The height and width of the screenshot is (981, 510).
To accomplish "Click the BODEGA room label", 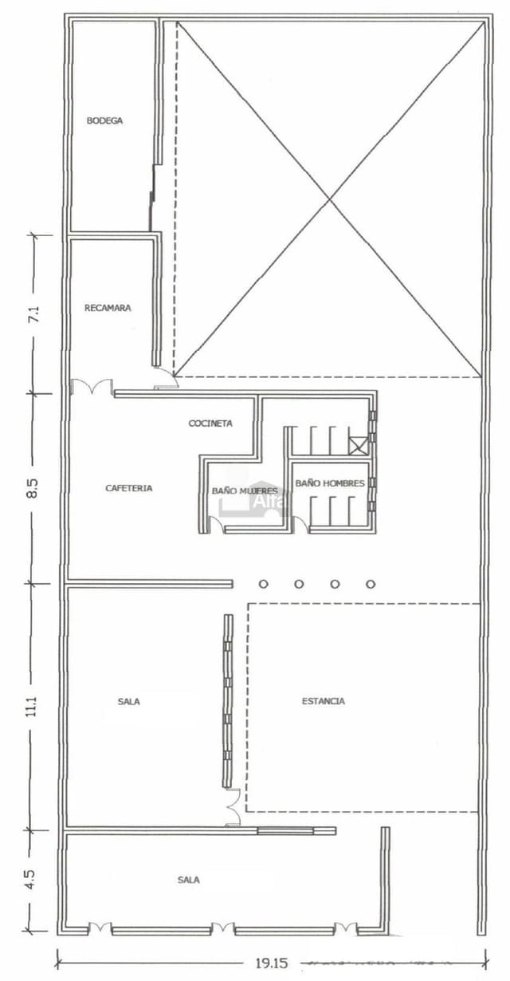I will pyautogui.click(x=104, y=120).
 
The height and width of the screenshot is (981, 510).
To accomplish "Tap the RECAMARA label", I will pyautogui.click(x=108, y=307).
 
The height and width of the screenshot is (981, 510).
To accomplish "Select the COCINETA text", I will pyautogui.click(x=210, y=423).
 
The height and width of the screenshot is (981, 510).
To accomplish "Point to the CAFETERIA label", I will pyautogui.click(x=129, y=487).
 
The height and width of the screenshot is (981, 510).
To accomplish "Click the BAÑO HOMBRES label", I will pyautogui.click(x=330, y=483).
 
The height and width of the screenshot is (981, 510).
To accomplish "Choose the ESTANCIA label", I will pyautogui.click(x=324, y=701).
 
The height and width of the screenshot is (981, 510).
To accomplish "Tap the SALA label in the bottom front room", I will pyautogui.click(x=189, y=880).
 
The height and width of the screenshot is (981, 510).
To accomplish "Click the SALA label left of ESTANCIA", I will pyautogui.click(x=128, y=701).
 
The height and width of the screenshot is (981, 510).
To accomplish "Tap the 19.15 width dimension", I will pyautogui.click(x=271, y=963).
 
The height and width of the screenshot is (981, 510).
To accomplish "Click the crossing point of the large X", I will pyautogui.click(x=330, y=199).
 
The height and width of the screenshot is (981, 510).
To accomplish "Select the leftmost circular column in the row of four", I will pyautogui.click(x=263, y=584).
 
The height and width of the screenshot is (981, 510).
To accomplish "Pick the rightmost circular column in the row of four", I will pyautogui.click(x=371, y=584).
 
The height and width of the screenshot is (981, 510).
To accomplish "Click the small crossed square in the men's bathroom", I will pyautogui.click(x=359, y=445).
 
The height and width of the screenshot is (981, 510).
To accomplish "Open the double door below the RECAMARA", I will pyautogui.click(x=92, y=388).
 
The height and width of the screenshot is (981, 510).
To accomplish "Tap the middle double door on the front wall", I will pyautogui.click(x=222, y=928).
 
